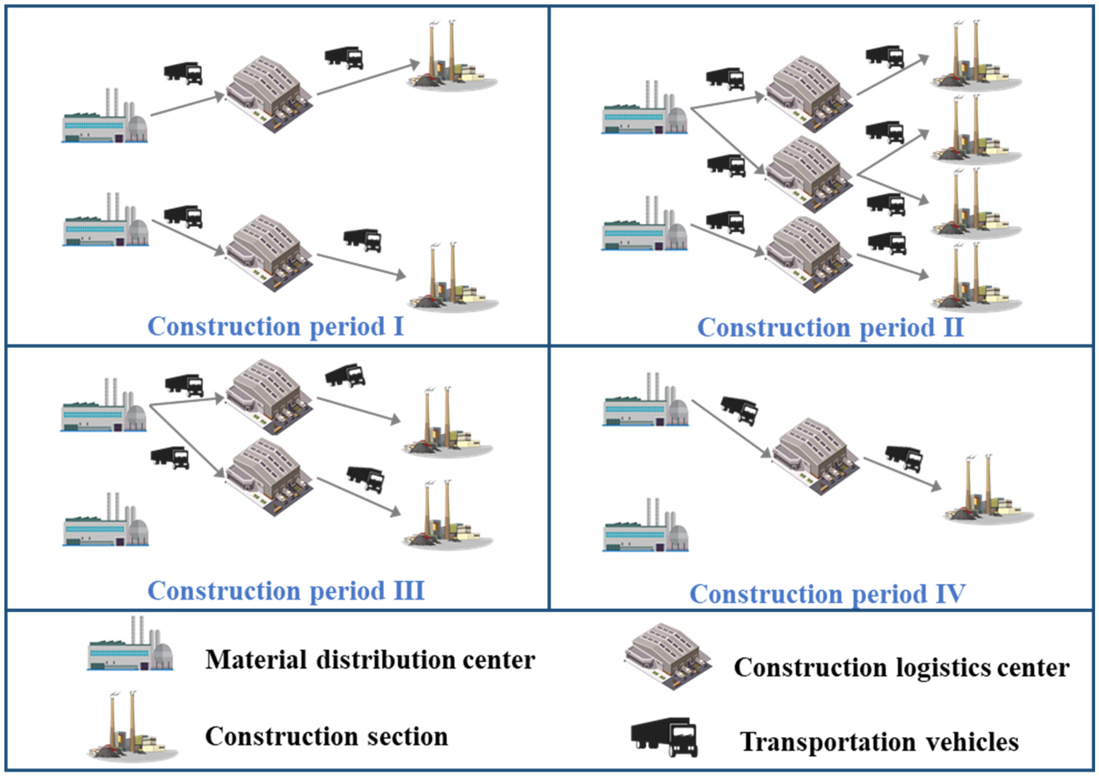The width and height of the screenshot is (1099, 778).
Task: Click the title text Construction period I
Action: (x=275, y=327)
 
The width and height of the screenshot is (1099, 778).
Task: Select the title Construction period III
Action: (x=285, y=591)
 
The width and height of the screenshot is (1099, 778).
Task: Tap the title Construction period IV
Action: (x=827, y=594)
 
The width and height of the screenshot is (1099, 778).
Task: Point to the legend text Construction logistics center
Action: (x=901, y=667)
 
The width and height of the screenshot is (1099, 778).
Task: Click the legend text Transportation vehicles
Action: (x=879, y=742)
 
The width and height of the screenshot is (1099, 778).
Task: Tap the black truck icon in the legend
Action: (x=664, y=737)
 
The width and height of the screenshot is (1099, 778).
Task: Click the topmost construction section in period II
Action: (x=975, y=57)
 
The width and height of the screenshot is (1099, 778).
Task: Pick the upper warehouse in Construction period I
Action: (x=269, y=94)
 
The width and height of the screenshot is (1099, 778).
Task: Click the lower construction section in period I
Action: (x=453, y=280)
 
